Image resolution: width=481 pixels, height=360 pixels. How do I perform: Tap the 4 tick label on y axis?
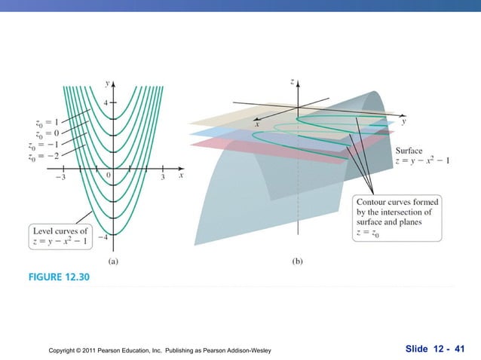pyautogui.click(x=106, y=102)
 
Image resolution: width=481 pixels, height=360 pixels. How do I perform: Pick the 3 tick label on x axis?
pyautogui.click(x=164, y=178)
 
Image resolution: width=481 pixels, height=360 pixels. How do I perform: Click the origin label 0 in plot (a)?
pyautogui.click(x=109, y=175)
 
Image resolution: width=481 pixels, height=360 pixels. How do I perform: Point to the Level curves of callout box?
pyautogui.click(x=60, y=235)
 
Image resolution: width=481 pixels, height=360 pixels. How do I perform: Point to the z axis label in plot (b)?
pyautogui.click(x=292, y=81)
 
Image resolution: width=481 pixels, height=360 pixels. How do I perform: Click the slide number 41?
pyautogui.click(x=455, y=348)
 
